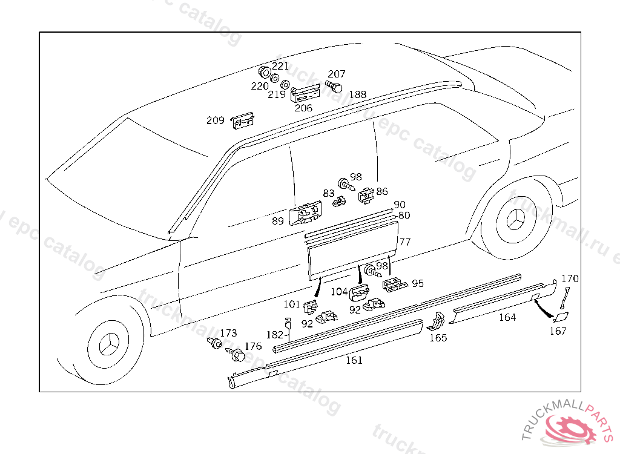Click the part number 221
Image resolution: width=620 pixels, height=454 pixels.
(x=280, y=66)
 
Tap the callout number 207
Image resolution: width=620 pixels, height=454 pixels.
(x=337, y=74)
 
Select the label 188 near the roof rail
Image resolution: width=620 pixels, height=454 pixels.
(x=358, y=94)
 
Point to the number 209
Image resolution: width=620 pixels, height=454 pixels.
(x=215, y=120)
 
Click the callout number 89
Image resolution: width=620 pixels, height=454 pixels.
(x=278, y=221)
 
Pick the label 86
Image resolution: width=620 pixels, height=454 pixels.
(x=382, y=192)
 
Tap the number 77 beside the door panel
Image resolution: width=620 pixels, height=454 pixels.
(x=405, y=242)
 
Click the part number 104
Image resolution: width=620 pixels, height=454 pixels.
(x=339, y=291)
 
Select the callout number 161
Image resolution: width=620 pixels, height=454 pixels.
(x=354, y=360)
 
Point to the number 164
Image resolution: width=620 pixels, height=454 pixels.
(x=507, y=317)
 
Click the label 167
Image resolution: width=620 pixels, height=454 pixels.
(x=558, y=331)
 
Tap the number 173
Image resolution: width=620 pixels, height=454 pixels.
(x=229, y=333)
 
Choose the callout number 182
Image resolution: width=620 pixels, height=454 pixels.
(x=275, y=335)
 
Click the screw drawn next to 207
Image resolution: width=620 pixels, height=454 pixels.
(x=334, y=87)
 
